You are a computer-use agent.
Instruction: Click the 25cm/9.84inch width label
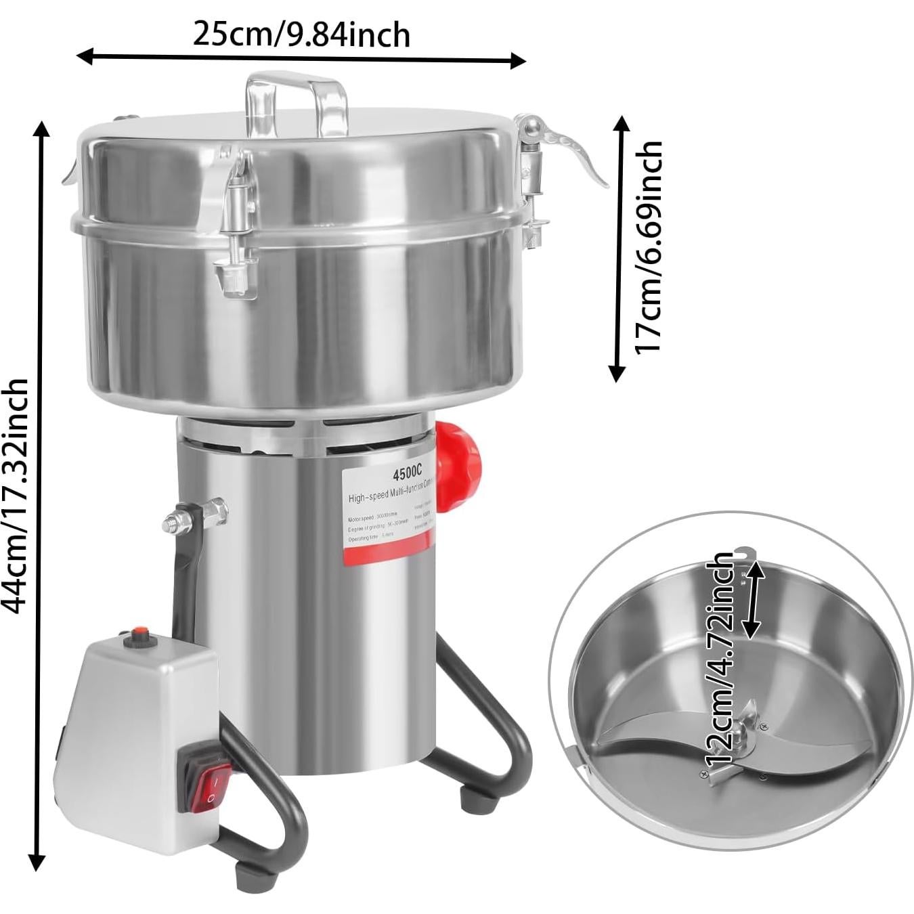coord(301,34)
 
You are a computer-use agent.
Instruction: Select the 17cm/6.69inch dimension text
coord(648,247)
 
